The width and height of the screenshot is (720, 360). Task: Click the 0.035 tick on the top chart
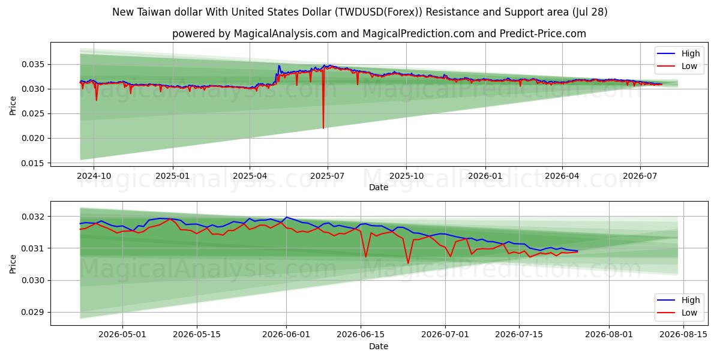click(x=33, y=65)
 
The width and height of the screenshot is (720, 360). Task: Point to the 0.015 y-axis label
click(x=33, y=163)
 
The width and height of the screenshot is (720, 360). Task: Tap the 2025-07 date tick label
click(x=327, y=176)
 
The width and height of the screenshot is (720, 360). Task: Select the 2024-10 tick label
click(x=94, y=176)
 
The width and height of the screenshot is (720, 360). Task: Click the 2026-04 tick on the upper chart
click(x=562, y=176)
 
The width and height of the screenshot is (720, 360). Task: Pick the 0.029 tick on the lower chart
click(x=33, y=313)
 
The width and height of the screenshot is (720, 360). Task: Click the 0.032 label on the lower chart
click(x=33, y=217)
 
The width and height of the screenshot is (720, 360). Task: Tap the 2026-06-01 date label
click(x=286, y=335)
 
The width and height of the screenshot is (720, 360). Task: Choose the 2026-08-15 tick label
click(x=683, y=335)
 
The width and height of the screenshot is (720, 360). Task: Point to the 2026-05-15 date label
click(x=197, y=335)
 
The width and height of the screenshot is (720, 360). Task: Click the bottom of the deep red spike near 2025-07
click(x=323, y=128)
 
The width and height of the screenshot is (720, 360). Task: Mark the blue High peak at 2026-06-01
click(x=286, y=217)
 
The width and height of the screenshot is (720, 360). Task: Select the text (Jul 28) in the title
click(x=590, y=12)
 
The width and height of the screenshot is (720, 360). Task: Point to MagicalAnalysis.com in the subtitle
click(x=286, y=34)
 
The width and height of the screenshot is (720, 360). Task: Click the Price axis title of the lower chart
click(x=13, y=264)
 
